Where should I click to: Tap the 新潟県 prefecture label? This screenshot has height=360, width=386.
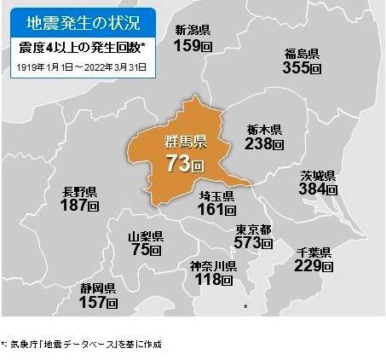click(193, 30)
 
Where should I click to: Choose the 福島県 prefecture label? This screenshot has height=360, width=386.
click(302, 54)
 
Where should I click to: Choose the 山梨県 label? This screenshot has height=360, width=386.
click(145, 235)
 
